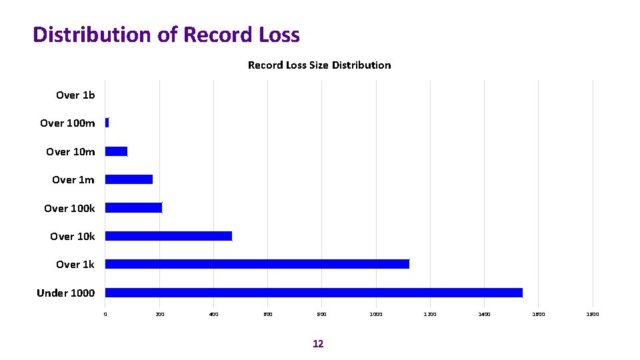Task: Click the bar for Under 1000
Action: coord(313,293)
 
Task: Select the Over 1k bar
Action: coord(257,264)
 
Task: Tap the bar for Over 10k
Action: coord(168,236)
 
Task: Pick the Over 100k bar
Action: coord(133,207)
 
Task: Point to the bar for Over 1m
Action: coord(129,179)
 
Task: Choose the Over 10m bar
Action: coord(116,151)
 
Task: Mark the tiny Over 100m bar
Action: coord(107,123)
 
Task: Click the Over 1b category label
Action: coord(75,95)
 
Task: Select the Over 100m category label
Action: coord(67,123)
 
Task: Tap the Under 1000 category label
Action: coord(65,293)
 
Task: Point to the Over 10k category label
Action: coord(72,237)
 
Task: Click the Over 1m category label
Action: coord(73,180)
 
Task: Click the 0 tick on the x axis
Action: coord(105,313)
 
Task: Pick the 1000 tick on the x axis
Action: coord(376,313)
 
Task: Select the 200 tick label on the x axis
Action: coord(159,313)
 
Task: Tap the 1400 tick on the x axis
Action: coord(485,313)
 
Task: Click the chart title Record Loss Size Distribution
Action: coord(319,65)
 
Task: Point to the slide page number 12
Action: coord(318,344)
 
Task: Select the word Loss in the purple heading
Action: coord(278,35)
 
